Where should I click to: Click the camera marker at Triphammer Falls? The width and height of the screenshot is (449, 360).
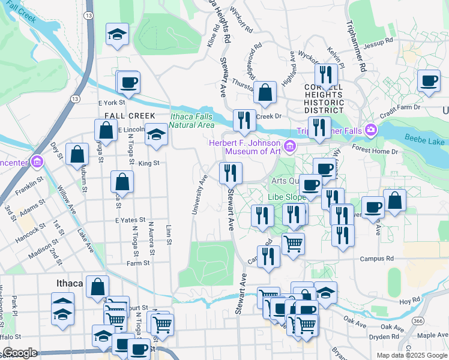click(x=371, y=130)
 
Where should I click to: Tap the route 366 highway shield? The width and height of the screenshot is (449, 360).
click(x=417, y=321)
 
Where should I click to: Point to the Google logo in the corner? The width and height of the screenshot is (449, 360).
click(x=20, y=353)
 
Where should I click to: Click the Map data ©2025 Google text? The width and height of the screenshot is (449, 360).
click(x=412, y=355)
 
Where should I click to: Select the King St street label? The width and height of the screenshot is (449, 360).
click(x=148, y=163)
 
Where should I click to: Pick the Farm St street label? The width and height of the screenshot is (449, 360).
click(x=137, y=263)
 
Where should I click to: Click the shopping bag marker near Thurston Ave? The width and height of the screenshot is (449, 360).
click(x=264, y=93)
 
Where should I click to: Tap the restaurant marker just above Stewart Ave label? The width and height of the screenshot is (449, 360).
click(x=231, y=173)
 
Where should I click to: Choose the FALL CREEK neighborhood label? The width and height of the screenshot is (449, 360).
click(x=130, y=115)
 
